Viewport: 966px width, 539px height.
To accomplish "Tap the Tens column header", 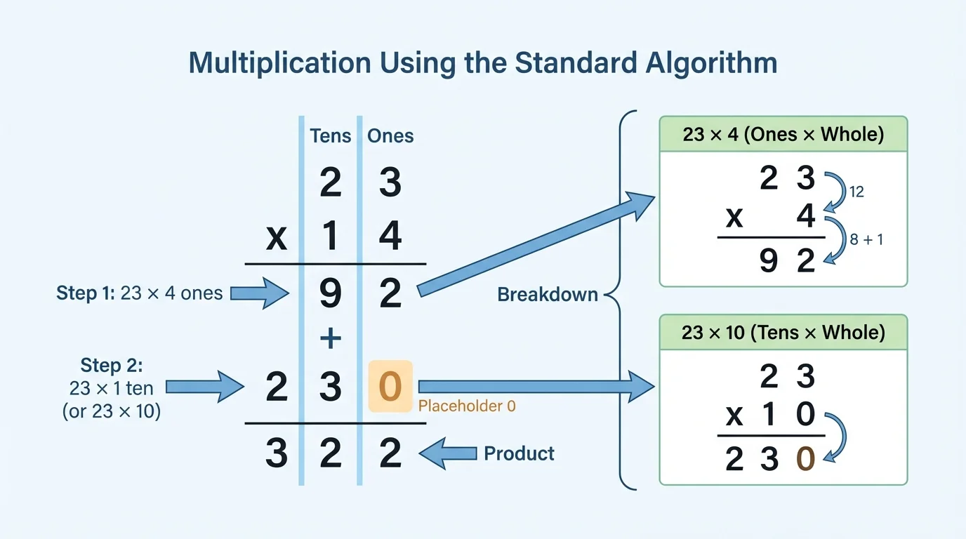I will (x=330, y=135).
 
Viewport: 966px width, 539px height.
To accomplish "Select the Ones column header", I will (x=390, y=135).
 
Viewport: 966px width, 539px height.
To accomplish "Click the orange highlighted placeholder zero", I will (x=390, y=387).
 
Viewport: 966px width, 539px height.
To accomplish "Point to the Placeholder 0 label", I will (x=467, y=406).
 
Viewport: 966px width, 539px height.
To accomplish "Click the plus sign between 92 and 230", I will (x=330, y=339).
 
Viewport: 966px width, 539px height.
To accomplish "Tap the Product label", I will (x=519, y=453).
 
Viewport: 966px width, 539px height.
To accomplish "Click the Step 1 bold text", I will (x=85, y=293).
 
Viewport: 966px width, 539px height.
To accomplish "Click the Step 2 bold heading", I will (x=111, y=366).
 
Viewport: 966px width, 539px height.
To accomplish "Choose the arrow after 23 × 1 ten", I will (x=204, y=387).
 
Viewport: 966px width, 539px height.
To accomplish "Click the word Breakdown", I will (x=548, y=294).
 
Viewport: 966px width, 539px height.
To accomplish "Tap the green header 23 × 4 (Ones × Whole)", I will (x=783, y=134).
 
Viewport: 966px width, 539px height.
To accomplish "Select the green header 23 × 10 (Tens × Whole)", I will (x=783, y=332).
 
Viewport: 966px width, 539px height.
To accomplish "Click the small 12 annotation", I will (x=856, y=191).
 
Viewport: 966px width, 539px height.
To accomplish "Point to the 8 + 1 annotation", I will (x=866, y=239).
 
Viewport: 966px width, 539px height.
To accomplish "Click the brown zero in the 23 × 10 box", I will (x=805, y=459).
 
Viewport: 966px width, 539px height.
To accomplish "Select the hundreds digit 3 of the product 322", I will (x=277, y=453).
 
